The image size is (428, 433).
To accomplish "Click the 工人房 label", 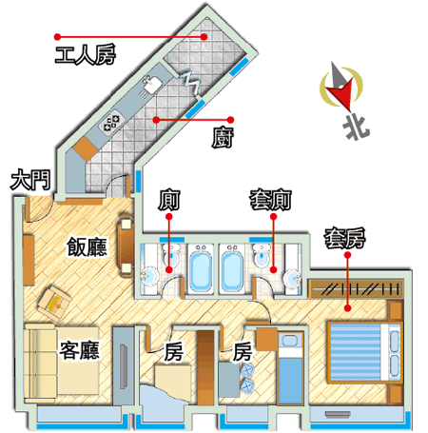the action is tap(85, 55).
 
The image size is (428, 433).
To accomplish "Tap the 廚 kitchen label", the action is tap(223, 137).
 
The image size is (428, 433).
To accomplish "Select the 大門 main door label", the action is tap(30, 180).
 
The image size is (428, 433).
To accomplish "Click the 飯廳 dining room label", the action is tap(87, 246).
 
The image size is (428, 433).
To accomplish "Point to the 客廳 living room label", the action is tap(80, 350).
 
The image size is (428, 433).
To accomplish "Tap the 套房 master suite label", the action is tap(344, 238).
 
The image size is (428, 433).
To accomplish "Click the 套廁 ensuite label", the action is tap(270, 200).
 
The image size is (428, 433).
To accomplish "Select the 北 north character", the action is tap(357, 128).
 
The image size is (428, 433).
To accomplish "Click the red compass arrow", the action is tap(341, 92).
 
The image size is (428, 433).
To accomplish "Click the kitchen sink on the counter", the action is tap(151, 84).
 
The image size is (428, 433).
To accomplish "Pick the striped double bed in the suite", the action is tap(365, 353).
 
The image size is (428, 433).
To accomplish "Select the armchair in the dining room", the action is tap(54, 304).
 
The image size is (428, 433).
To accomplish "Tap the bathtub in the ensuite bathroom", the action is tap(233, 269).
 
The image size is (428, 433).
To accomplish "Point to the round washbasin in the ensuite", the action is tap(293, 279).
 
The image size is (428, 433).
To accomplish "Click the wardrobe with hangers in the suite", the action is tap(356, 289).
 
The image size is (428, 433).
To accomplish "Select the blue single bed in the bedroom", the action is tap(290, 368).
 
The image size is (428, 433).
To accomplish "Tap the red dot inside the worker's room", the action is tap(204, 37).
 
